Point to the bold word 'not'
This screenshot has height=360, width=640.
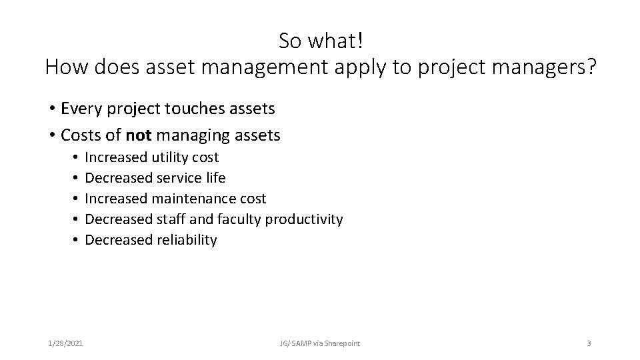pyautogui.click(x=138, y=135)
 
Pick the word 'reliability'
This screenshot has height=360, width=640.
pyautogui.click(x=187, y=240)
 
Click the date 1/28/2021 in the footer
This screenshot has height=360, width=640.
pyautogui.click(x=67, y=343)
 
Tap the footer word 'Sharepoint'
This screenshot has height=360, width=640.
pyautogui.click(x=342, y=343)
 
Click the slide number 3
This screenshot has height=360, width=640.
pyautogui.click(x=589, y=343)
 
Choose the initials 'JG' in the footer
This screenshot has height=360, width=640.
pyautogui.click(x=285, y=343)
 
